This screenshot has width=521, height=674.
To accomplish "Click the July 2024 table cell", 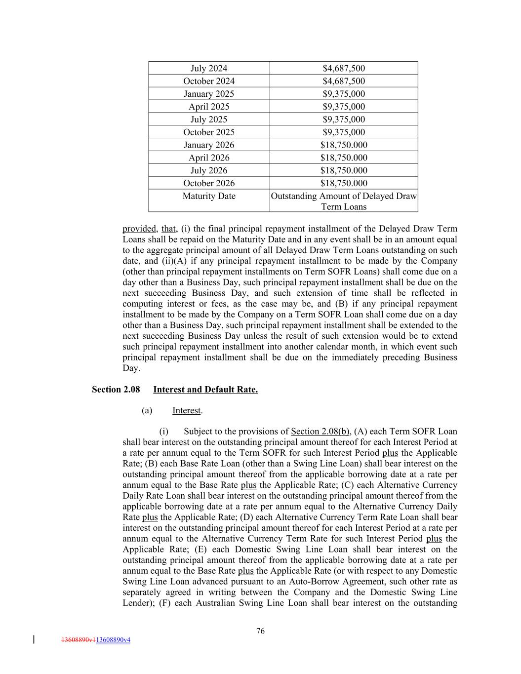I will [209, 68].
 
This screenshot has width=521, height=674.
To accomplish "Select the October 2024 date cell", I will [209, 81].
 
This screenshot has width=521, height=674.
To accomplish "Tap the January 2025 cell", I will [209, 94].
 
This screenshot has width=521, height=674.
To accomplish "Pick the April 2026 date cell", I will [209, 158].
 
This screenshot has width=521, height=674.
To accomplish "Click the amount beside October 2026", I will [344, 183].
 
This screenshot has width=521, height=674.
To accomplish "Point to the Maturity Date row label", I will [209, 196].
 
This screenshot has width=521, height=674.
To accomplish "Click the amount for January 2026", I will [344, 145].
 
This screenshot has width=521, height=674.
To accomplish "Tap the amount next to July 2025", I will [344, 119].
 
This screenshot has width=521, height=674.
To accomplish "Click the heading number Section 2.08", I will [116, 390].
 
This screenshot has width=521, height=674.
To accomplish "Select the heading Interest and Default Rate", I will [205, 390].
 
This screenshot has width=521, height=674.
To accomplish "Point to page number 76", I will [261, 631].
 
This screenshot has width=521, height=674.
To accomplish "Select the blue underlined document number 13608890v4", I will [113, 640].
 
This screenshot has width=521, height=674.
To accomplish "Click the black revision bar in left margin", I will [34, 639].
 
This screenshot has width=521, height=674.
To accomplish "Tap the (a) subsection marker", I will [147, 411].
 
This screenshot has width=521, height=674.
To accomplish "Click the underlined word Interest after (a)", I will [187, 411].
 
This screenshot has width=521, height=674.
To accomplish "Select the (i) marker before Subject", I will [163, 432].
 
